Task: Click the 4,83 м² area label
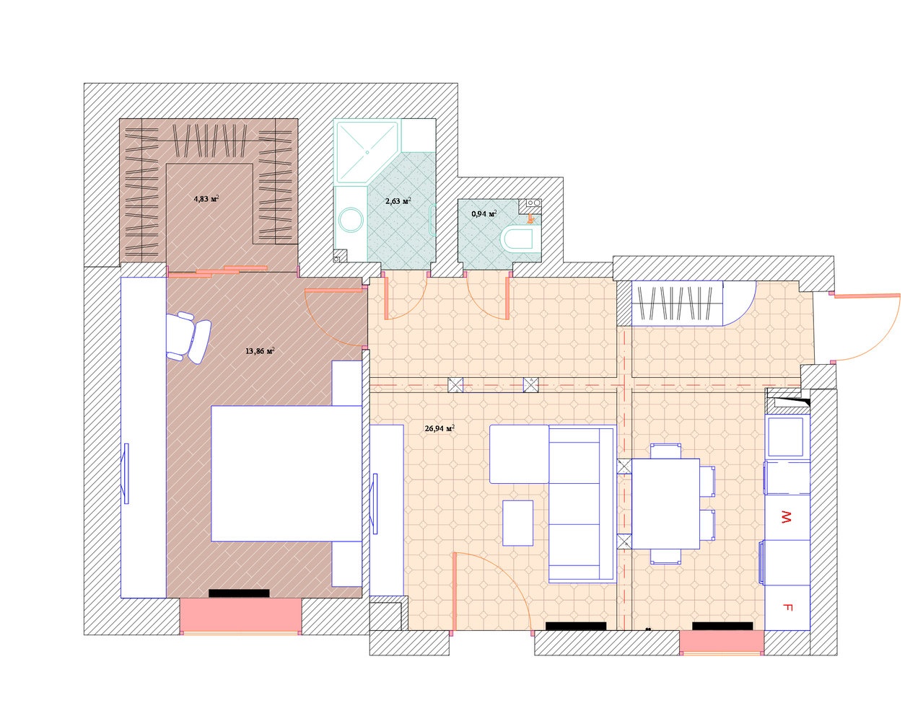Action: click(x=206, y=198)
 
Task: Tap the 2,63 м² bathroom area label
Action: click(x=398, y=200)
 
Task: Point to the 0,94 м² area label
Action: click(x=484, y=213)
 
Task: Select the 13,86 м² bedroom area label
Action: click(x=260, y=351)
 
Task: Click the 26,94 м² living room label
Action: click(x=439, y=428)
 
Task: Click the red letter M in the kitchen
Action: click(x=786, y=516)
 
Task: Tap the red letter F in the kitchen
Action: click(x=787, y=607)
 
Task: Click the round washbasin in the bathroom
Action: click(x=351, y=220)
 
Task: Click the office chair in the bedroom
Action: click(x=188, y=337)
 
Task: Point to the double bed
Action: click(x=286, y=474)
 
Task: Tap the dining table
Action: click(x=665, y=504)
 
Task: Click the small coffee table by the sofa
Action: click(x=517, y=523)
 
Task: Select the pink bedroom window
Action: click(x=240, y=615)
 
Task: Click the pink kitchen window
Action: click(x=722, y=642)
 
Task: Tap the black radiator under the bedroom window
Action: click(x=239, y=593)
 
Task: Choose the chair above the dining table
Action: click(x=665, y=451)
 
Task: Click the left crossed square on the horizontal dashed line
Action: click(x=455, y=385)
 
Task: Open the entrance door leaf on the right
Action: click(x=867, y=296)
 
